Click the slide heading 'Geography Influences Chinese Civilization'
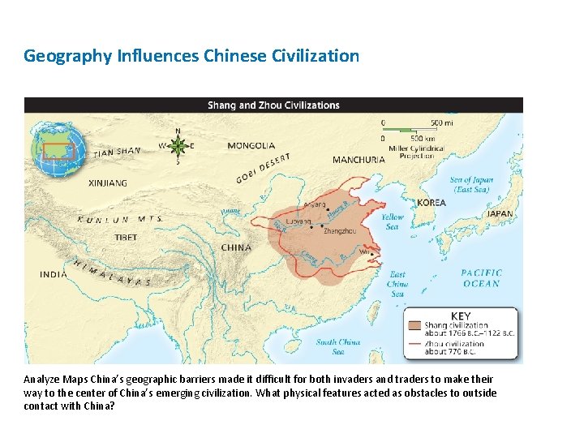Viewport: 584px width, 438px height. pos(191,56)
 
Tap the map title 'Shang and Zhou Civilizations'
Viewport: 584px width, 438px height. pos(273,105)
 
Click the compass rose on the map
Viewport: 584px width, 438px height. pos(178,146)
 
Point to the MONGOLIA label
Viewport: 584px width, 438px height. pos(251,146)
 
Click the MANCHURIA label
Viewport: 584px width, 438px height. pos(359,160)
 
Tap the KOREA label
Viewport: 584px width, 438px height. pos(432,202)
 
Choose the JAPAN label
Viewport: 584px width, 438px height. pos(500,214)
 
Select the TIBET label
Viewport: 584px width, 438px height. pos(125,238)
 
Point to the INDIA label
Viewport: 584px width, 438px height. pos(54,274)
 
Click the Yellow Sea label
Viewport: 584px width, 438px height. pos(393,221)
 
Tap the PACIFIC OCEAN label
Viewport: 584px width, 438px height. pos(482,278)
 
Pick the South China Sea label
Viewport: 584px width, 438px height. pos(338,346)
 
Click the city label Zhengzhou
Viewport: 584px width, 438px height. pos(339,231)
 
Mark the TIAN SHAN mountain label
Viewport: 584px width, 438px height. pos(117,152)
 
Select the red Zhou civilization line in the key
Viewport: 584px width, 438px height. pos(414,345)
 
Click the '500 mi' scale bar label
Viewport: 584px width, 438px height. pos(441,122)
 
